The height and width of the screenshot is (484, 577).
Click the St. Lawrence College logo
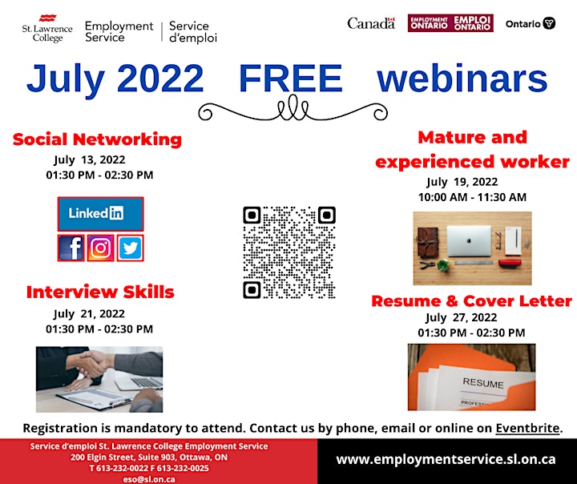click(47, 29)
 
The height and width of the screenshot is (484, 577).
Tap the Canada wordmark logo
click(371, 23)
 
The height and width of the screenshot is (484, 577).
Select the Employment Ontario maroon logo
click(450, 23)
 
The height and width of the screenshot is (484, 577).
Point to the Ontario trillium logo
click(531, 23)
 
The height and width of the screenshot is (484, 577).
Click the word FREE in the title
click(291, 78)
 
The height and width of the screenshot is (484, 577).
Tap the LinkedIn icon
click(100, 214)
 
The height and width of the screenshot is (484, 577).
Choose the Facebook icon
click(71, 248)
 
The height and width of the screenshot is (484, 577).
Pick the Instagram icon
click(100, 248)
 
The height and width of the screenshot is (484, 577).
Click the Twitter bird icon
click(131, 248)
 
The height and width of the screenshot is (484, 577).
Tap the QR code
click(289, 252)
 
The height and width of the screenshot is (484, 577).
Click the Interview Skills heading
click(100, 292)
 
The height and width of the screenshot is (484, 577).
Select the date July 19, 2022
click(462, 182)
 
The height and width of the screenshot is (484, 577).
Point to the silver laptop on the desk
click(469, 241)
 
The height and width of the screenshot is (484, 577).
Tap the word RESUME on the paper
click(483, 383)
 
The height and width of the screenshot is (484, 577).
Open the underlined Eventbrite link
click(527, 428)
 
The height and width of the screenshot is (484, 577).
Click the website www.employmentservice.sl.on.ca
click(446, 459)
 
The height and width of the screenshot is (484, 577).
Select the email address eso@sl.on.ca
click(149, 479)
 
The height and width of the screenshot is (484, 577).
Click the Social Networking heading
click(97, 139)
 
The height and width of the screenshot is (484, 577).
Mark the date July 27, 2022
click(462, 317)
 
